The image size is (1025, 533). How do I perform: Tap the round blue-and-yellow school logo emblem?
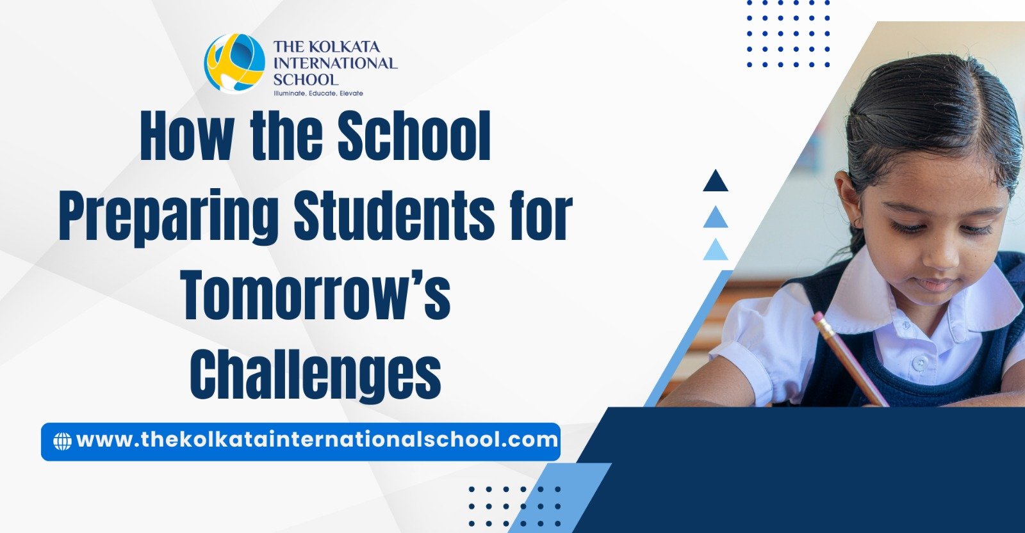tap(234, 63)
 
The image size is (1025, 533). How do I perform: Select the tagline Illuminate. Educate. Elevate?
tap(318, 93)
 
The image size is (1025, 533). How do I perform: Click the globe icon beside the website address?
tap(62, 441)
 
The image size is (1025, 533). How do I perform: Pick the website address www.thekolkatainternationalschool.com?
tap(316, 440)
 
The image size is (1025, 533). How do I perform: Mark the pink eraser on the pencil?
tap(819, 319)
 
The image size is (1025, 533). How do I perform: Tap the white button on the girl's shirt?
tap(920, 363)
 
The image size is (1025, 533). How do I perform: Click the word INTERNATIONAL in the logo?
tap(335, 63)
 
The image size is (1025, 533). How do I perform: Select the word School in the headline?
tap(414, 137)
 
